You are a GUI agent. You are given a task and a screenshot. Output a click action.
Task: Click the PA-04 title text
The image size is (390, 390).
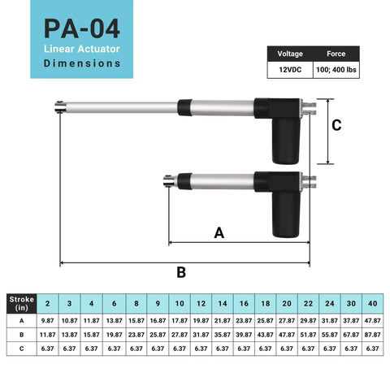(x=82, y=30)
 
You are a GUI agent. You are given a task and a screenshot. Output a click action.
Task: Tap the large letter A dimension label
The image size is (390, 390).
(x=218, y=233)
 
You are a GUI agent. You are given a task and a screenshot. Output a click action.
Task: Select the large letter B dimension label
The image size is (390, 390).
(x=181, y=271)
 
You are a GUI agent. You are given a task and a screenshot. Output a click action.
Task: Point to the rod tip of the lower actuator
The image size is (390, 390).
(x=167, y=182)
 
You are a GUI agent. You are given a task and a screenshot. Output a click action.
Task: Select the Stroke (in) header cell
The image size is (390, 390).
(x=21, y=303)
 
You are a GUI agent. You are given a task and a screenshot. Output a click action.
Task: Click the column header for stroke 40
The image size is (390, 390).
(x=373, y=303)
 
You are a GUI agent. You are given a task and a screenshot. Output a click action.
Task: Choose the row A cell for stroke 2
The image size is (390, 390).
(x=47, y=320)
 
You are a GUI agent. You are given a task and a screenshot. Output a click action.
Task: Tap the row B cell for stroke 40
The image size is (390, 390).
(x=373, y=335)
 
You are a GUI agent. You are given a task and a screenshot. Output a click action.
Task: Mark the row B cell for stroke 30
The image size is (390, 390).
(x=351, y=335)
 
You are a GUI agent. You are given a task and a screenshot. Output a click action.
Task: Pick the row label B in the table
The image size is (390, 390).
(x=21, y=335)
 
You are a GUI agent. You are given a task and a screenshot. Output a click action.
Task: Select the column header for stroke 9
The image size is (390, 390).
(x=156, y=303)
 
